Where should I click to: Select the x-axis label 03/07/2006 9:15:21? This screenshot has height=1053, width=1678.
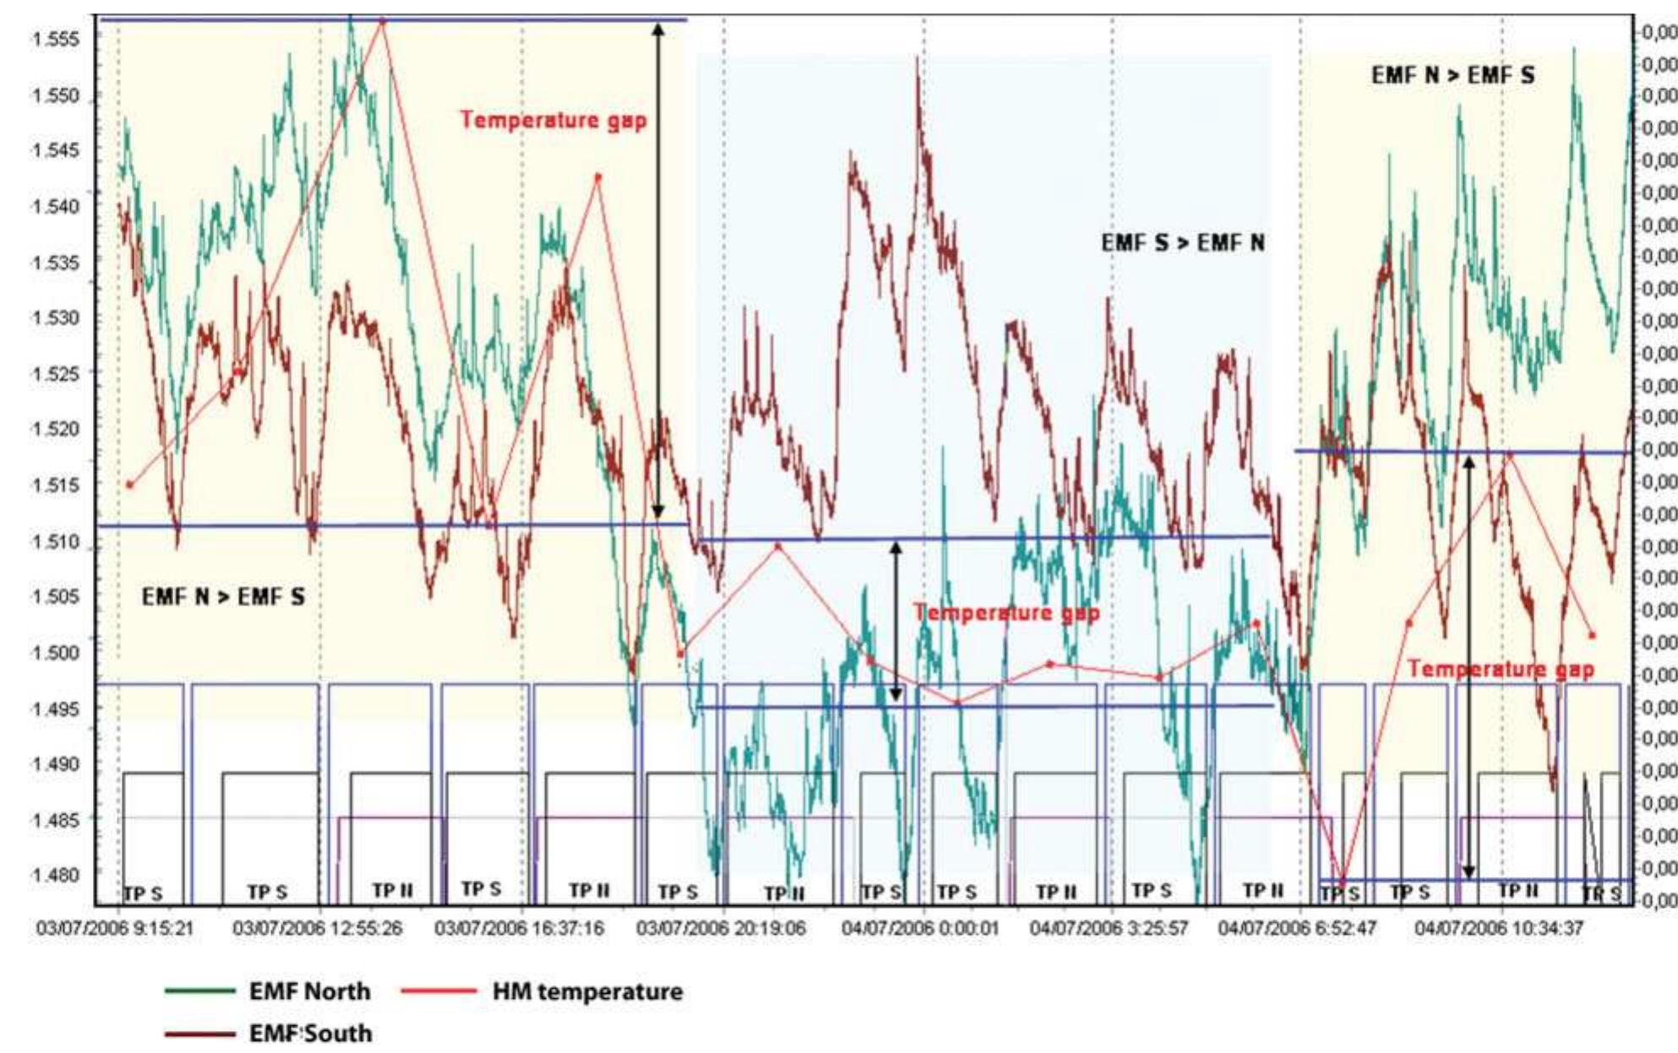[115, 929]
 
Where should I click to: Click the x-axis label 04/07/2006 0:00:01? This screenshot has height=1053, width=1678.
[920, 929]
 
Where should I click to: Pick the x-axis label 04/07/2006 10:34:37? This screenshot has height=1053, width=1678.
[1499, 929]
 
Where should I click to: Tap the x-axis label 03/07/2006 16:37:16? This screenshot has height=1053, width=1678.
[520, 929]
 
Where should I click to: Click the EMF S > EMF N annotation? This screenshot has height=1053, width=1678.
[1183, 243]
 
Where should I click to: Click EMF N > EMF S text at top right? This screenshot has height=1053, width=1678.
[1452, 76]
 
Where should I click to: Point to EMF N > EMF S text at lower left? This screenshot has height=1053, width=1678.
[223, 598]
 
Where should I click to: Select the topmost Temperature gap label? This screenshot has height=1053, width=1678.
[553, 120]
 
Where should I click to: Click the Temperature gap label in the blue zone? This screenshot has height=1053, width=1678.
[1006, 613]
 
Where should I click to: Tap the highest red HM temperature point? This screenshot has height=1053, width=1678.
[383, 22]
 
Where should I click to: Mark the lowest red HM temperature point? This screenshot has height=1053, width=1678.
[1343, 883]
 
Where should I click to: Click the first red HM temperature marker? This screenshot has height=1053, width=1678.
[129, 485]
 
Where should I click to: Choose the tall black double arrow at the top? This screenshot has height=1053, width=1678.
[658, 270]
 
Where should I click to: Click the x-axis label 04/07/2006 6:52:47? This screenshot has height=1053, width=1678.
[1297, 929]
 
